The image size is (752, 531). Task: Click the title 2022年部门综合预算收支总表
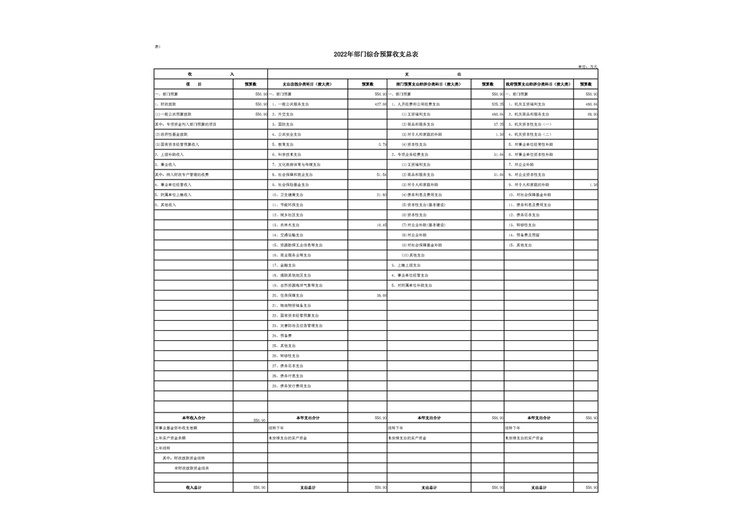click(375, 55)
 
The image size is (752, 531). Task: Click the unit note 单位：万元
click(586, 66)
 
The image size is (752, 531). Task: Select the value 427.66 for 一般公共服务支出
click(380, 104)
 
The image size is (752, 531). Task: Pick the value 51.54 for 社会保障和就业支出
click(381, 175)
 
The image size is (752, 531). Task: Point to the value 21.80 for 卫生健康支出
click(381, 195)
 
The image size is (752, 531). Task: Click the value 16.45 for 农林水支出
click(381, 225)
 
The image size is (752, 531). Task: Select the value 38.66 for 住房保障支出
click(381, 295)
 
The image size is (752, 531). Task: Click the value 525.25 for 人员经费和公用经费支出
click(497, 104)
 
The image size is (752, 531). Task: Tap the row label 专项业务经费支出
click(412, 155)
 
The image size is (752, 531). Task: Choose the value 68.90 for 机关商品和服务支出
click(592, 115)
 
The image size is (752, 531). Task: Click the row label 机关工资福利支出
click(529, 104)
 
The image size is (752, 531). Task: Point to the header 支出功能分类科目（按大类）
click(307, 84)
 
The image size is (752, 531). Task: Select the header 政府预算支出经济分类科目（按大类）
click(538, 84)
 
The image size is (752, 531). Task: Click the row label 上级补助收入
click(170, 155)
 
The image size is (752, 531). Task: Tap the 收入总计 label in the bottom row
click(194, 487)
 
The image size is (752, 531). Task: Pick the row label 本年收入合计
click(194, 418)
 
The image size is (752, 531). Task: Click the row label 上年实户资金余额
click(171, 438)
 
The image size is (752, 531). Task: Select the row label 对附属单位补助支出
click(414, 285)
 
